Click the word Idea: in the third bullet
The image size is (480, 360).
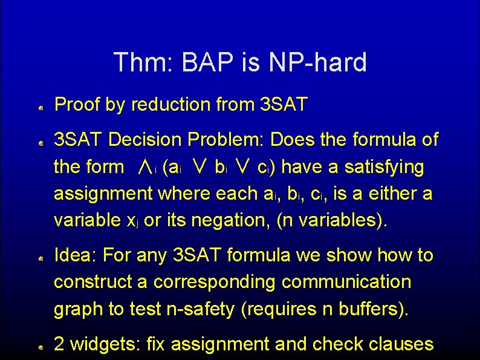coord(76,255)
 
